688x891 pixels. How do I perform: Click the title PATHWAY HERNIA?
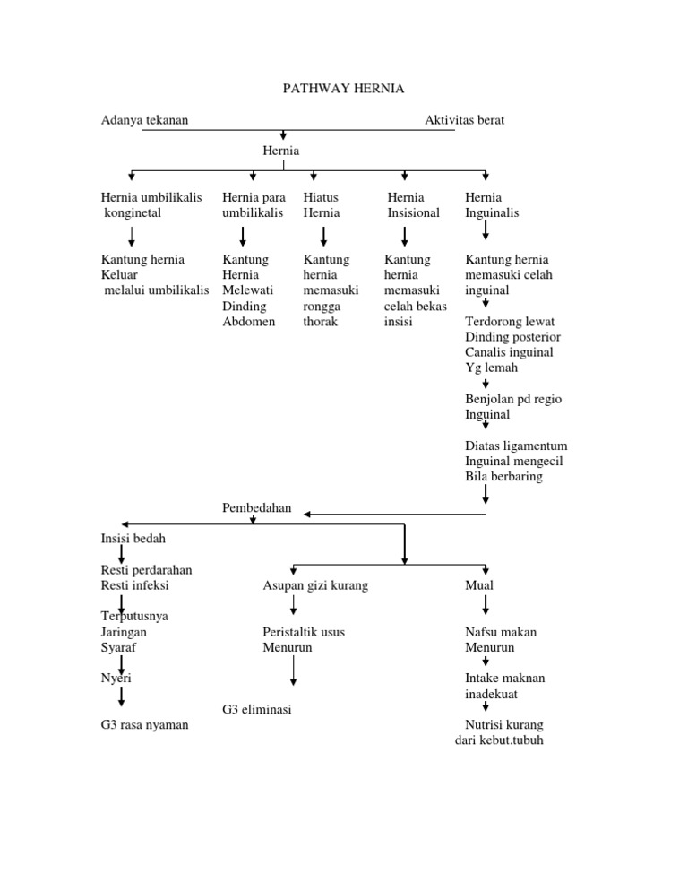pos(344,88)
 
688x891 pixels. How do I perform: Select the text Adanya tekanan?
pos(144,120)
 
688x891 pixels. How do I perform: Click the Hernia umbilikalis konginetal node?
pos(150,204)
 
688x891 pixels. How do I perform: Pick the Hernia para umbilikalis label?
pos(253,204)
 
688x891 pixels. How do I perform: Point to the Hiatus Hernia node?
pos(322,204)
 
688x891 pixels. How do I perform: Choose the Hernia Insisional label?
pos(413,204)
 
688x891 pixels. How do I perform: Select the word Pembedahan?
pos(256,507)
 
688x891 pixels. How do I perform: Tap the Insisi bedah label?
pos(133,539)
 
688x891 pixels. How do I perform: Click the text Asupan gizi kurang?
pos(315,585)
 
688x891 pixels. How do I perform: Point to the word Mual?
pos(479,585)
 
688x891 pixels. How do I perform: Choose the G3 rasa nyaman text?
pos(144,724)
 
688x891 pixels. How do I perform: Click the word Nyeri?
pos(116,679)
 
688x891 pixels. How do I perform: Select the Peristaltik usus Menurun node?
pos(304,639)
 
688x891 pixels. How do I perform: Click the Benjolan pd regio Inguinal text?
pos(513,406)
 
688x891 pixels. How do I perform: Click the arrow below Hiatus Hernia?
pos(323,236)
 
